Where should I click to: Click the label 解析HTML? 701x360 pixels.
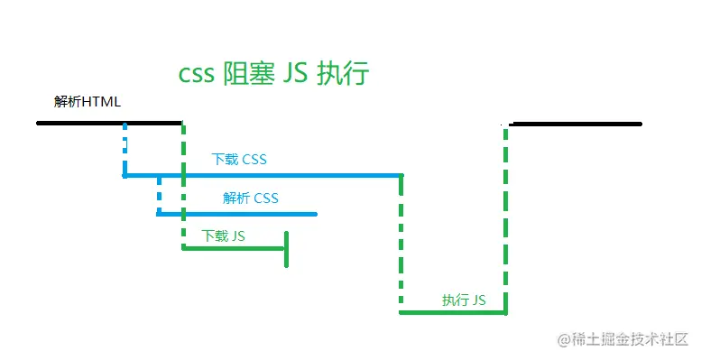click(x=88, y=102)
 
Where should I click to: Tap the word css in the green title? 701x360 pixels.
click(x=196, y=72)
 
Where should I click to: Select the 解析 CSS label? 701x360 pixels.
click(x=251, y=198)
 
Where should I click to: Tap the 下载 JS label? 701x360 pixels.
click(x=223, y=235)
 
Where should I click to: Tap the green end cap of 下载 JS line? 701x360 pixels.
click(x=286, y=249)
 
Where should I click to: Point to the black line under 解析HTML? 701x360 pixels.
click(x=108, y=123)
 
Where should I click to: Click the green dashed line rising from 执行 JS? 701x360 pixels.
click(x=506, y=217)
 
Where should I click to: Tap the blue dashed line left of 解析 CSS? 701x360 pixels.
click(x=159, y=196)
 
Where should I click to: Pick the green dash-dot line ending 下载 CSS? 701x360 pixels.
click(x=401, y=244)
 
